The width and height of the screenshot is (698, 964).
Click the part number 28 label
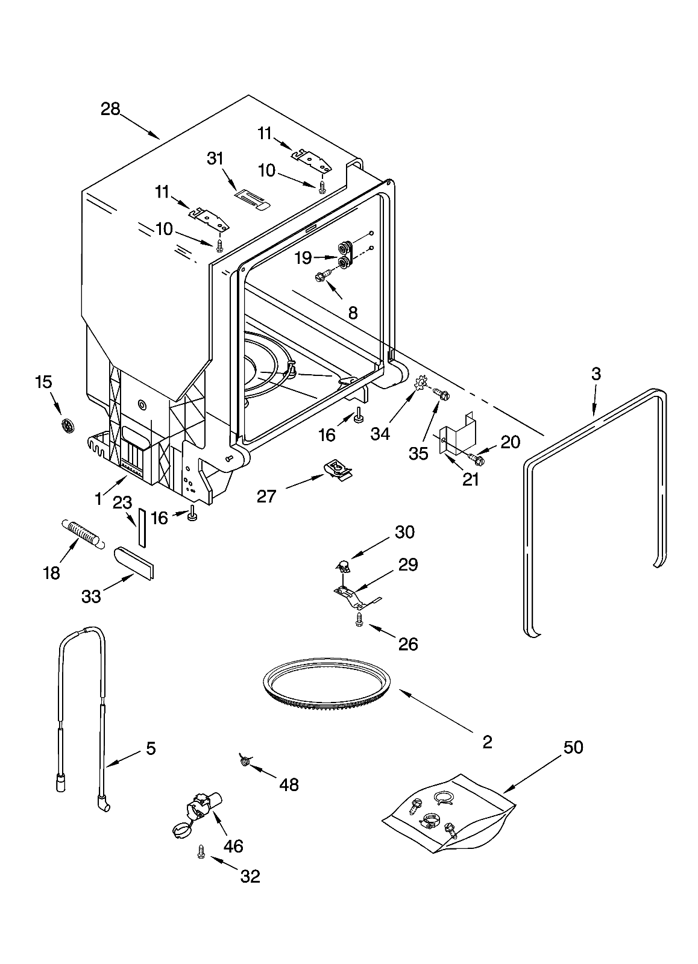110,109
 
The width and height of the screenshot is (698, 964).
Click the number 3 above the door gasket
596,374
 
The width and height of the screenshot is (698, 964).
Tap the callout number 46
233,846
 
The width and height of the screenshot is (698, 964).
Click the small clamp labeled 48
244,761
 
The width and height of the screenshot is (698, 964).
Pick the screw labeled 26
359,620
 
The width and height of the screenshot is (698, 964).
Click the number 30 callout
405,532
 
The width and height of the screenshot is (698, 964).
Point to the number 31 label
215,158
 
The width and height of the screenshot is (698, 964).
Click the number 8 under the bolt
353,313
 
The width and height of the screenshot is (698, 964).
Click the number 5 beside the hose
150,748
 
